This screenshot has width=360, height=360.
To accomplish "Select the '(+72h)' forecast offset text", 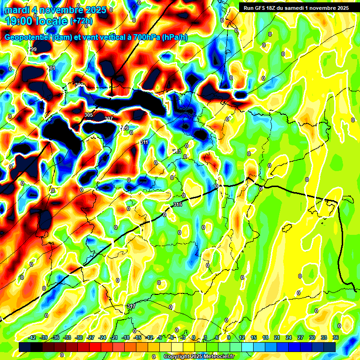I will (81, 21).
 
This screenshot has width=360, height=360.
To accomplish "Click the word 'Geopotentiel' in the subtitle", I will (28, 37).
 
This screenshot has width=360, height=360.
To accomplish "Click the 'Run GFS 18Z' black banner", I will (294, 7).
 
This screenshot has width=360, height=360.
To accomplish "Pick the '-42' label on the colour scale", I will (32, 337).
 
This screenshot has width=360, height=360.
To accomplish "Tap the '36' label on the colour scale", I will (335, 337).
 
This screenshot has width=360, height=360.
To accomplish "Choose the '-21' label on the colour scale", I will (114, 337).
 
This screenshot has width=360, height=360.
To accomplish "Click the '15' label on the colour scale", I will (254, 337).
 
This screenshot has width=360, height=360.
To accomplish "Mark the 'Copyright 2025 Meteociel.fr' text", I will (199, 357).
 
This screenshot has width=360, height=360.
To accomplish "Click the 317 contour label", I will (131, 306).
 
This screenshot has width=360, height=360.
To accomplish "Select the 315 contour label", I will (177, 205).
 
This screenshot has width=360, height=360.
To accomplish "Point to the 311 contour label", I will (144, 142).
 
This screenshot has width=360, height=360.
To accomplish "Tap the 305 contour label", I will (89, 115).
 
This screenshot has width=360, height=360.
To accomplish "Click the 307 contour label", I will (109, 119).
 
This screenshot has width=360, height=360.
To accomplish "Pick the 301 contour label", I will (51, 68).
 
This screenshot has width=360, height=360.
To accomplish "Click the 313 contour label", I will (177, 151).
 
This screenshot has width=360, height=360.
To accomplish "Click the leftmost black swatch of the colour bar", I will (25, 347).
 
